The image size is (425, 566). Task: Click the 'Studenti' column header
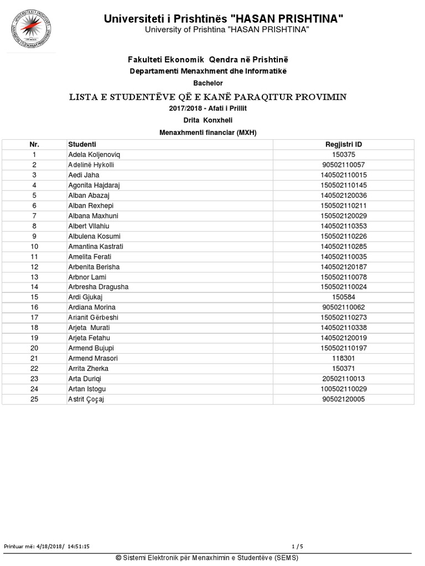pos(82,144)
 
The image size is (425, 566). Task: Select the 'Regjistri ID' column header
pos(344,144)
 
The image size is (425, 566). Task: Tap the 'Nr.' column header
pos(34,144)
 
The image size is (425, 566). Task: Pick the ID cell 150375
pos(344,155)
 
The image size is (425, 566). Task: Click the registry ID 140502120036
pos(344,195)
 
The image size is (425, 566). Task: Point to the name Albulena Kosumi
pos(94,236)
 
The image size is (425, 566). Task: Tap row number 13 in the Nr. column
pos(34,277)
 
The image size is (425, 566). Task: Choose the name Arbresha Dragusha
pos(98,287)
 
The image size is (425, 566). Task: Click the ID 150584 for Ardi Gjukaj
pos(344,297)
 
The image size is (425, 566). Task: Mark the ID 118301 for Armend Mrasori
pos(344,358)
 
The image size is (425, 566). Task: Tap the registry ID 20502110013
pos(344,379)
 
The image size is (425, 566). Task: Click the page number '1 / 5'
pos(297,546)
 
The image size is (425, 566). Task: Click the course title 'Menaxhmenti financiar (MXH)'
pos(208,132)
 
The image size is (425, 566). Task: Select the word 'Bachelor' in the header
pos(208,83)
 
